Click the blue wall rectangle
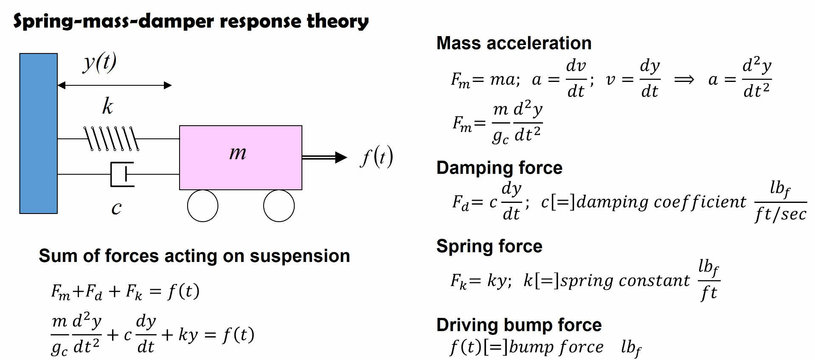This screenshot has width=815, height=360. click(38, 133)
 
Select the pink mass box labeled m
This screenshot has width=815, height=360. click(240, 157)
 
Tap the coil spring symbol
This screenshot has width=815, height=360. click(111, 139)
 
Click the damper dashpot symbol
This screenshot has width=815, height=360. click(122, 174)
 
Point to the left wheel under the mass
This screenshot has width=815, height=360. click(202, 206)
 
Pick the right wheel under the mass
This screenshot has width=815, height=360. click(278, 206)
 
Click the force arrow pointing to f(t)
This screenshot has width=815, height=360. click(324, 157)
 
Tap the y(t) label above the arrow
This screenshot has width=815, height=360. click(100, 63)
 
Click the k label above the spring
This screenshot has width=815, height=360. click(107, 106)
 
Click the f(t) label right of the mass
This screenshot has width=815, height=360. click(377, 157)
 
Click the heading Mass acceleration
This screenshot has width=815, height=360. click(514, 43)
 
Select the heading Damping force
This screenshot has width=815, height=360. click(499, 168)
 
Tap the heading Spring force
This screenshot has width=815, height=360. click(489, 246)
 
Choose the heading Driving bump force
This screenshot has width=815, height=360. click(519, 325)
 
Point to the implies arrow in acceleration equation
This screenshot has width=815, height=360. click(684, 80)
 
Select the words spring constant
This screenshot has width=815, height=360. click(625, 281)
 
